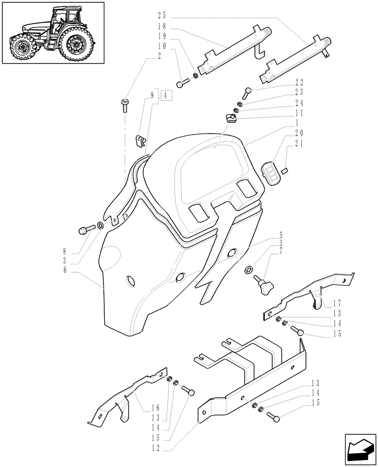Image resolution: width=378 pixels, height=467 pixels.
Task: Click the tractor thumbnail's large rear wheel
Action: point(75,45)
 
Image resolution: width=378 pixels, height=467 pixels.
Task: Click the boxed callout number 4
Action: point(167,96)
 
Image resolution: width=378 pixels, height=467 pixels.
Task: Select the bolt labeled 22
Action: point(248,92)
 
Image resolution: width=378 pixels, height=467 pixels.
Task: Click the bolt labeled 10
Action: point(182,84)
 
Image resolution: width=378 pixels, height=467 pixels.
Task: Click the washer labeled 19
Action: point(196,75)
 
